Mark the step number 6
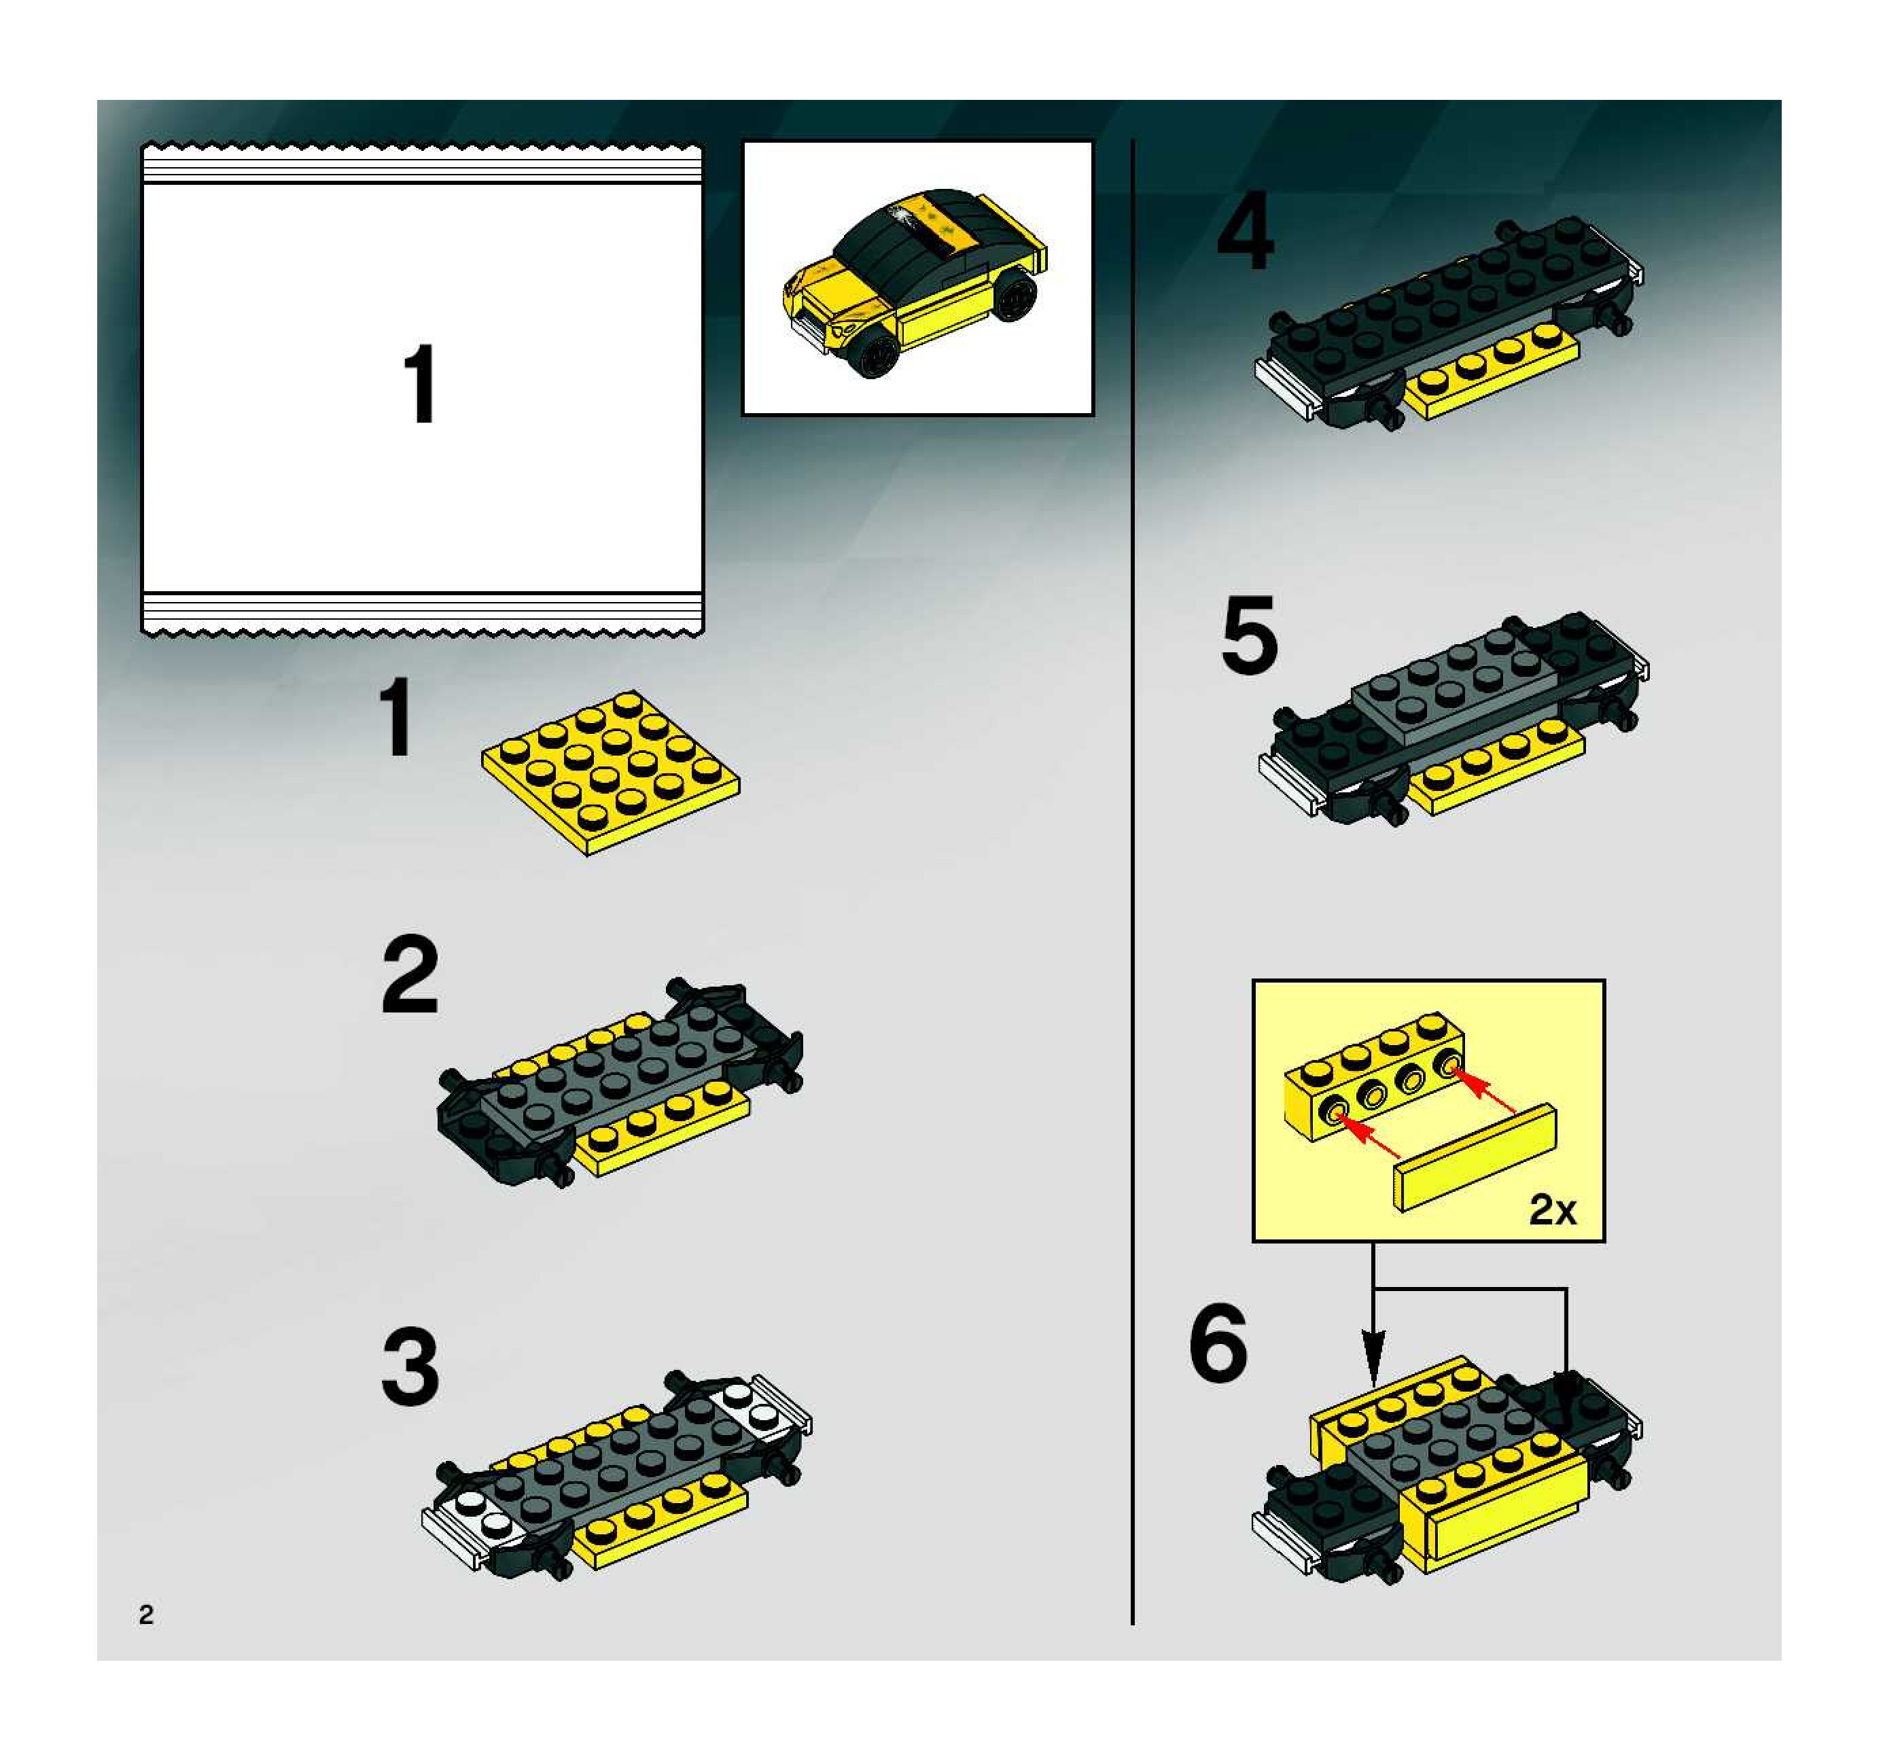(1218, 1342)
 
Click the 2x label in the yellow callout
(1552, 1210)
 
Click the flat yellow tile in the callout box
(1475, 1157)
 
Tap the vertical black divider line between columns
(1132, 882)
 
